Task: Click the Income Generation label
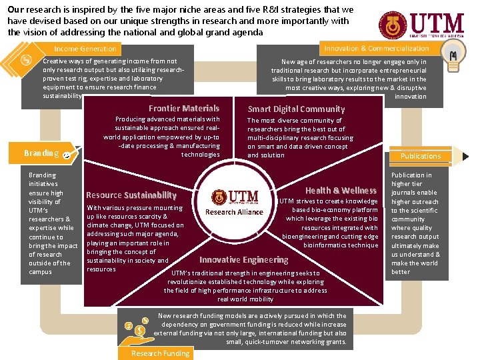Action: [x=85, y=49]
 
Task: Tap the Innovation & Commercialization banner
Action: [x=376, y=49]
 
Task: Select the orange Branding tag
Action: [x=41, y=153]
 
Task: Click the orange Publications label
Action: [x=420, y=155]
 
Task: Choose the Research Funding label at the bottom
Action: [x=160, y=353]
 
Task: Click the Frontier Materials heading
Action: [x=184, y=108]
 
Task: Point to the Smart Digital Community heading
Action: [x=296, y=109]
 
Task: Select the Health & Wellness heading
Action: [x=341, y=190]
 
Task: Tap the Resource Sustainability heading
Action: [x=131, y=195]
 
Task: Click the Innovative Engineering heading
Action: [x=244, y=259]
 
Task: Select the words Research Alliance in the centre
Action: [x=234, y=212]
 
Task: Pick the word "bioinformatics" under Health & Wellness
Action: [x=327, y=245]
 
